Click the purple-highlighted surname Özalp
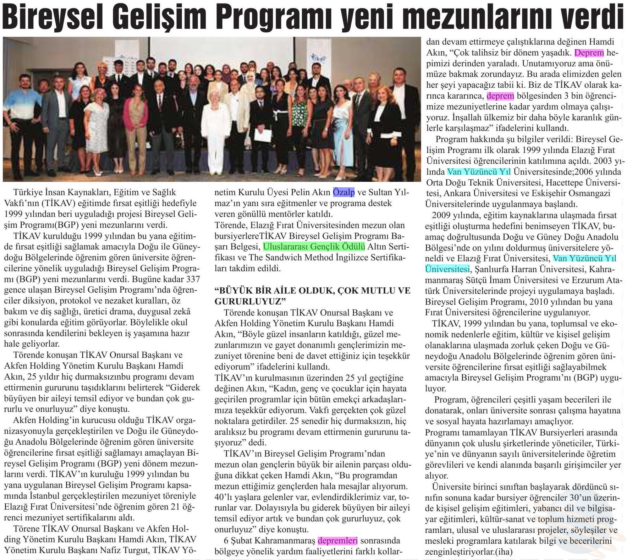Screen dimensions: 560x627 coord(344,192)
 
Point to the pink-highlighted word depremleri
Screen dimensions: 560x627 coord(338,541)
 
